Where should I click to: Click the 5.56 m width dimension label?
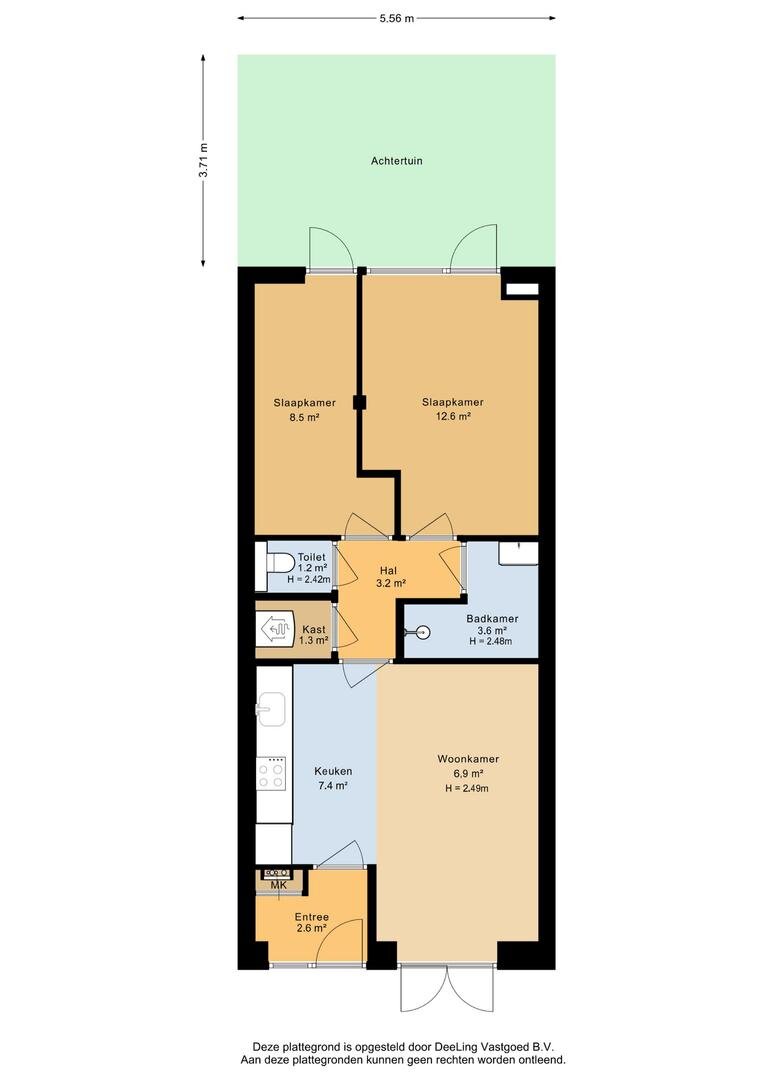click(397, 19)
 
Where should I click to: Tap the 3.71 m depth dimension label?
click(203, 160)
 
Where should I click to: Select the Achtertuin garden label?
click(397, 161)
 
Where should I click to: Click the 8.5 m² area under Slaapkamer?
click(304, 417)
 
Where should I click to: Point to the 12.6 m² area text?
click(453, 416)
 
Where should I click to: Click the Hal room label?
click(389, 570)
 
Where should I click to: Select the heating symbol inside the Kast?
click(277, 630)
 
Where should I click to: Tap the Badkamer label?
click(492, 619)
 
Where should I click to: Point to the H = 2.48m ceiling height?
click(491, 641)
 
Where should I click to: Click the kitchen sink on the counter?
click(270, 709)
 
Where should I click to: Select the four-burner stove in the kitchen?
click(271, 773)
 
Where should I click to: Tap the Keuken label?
click(333, 771)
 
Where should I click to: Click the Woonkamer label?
click(468, 759)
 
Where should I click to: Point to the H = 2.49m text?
click(467, 788)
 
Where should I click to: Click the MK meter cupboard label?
click(279, 885)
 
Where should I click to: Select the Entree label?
click(311, 917)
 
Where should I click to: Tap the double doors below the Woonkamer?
click(447, 988)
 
